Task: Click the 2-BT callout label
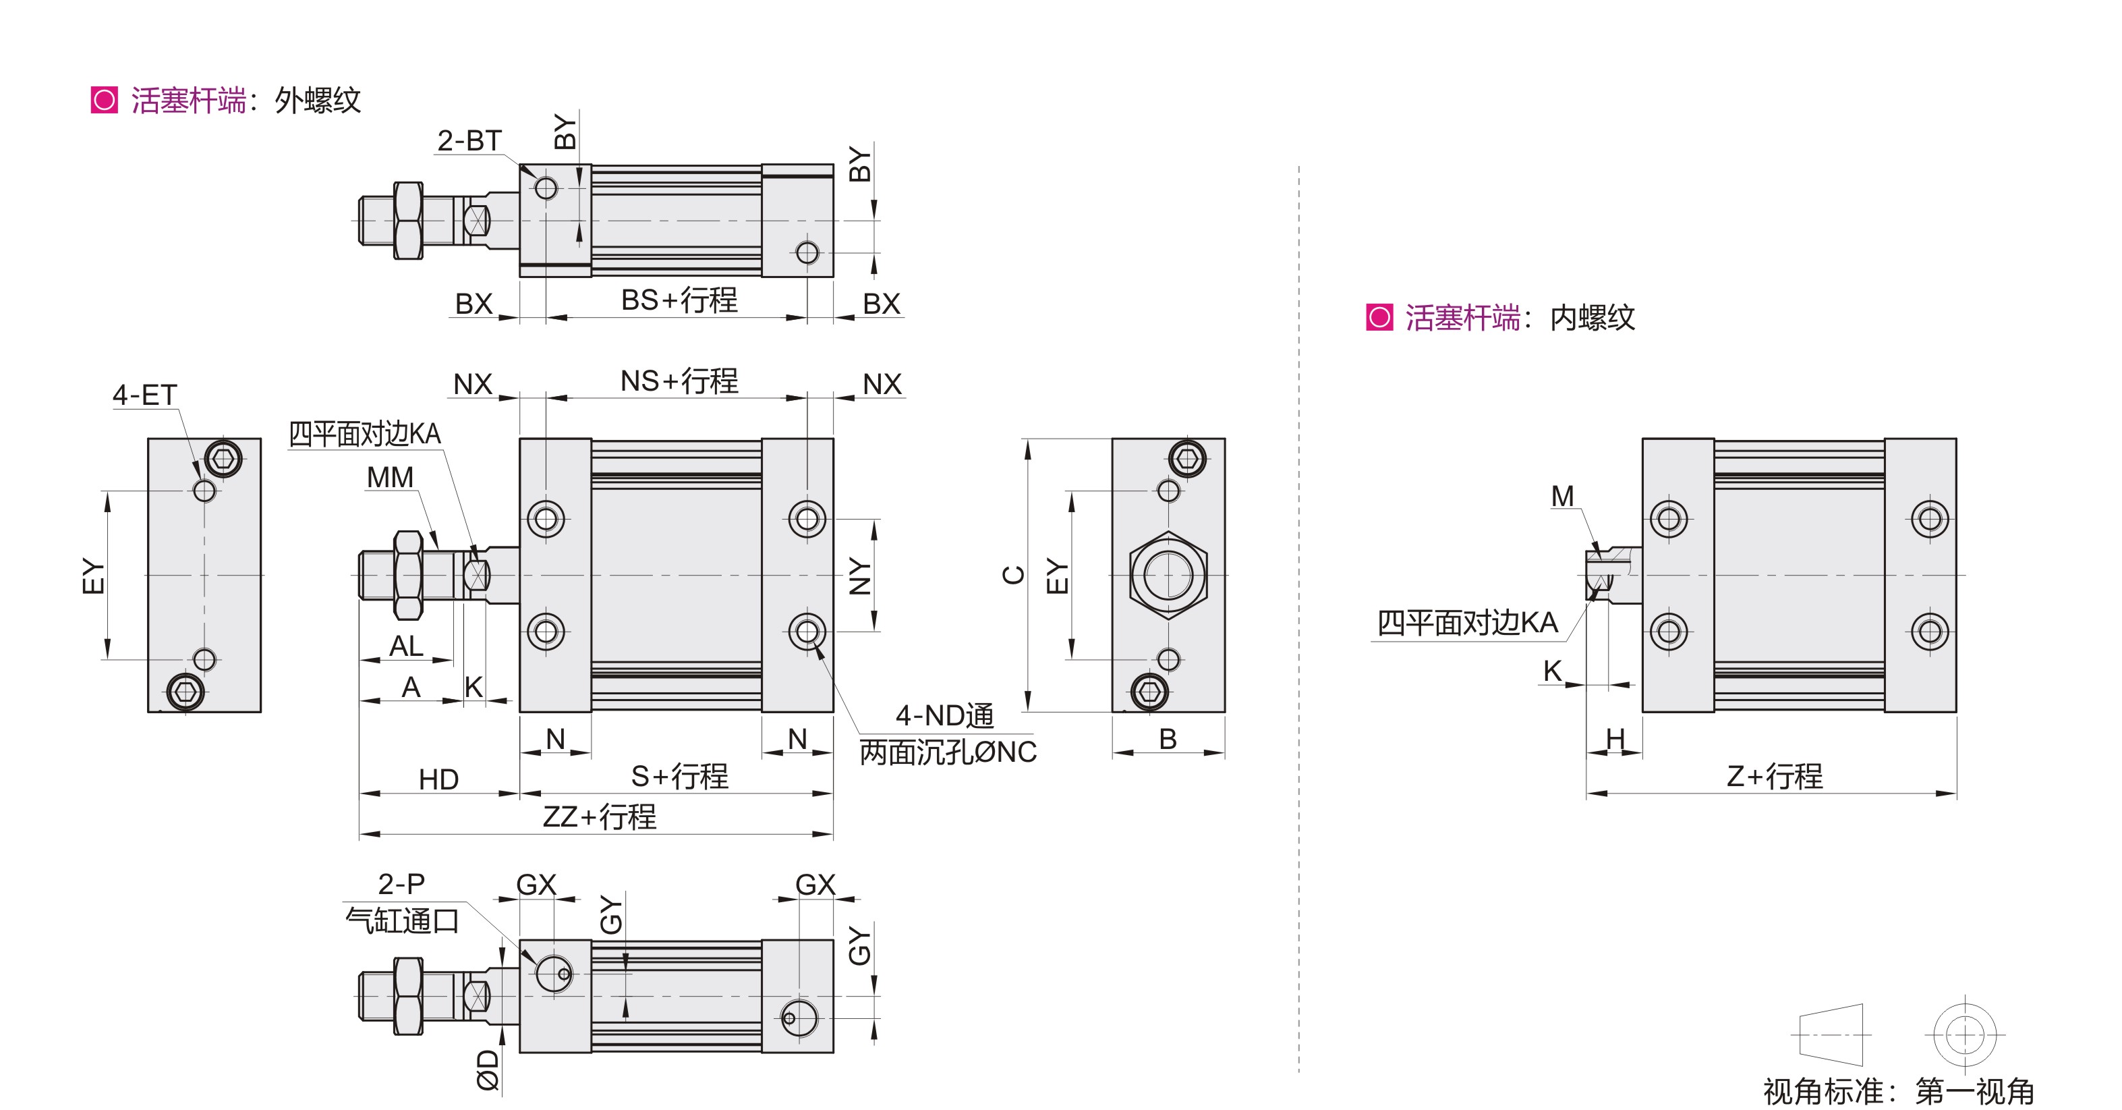point(469,141)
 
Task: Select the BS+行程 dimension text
point(679,300)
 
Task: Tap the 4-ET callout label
point(145,395)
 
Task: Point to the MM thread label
point(390,477)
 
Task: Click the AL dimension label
point(406,646)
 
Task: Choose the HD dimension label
point(438,779)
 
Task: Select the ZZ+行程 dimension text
point(599,816)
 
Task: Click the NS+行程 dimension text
point(679,381)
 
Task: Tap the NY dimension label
point(859,576)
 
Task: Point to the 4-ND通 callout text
point(944,715)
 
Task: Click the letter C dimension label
point(1013,574)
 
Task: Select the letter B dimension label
point(1168,739)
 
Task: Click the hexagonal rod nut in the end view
point(1168,575)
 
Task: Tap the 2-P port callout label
point(401,883)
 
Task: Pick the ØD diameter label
point(488,1070)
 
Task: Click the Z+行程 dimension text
point(1775,776)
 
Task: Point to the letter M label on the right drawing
point(1562,496)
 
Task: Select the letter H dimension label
point(1615,739)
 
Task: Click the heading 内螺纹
point(1593,318)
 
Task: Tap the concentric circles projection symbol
point(1965,1034)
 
